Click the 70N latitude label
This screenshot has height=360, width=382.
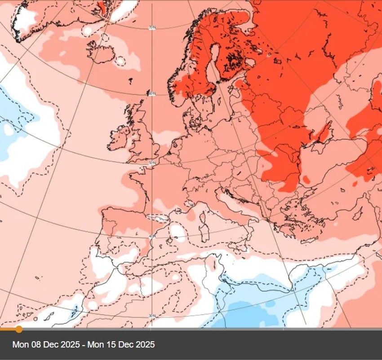(x=152, y=28)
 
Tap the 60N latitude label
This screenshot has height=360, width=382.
(x=152, y=94)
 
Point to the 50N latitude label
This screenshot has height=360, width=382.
(x=152, y=163)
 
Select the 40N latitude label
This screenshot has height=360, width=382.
(x=152, y=237)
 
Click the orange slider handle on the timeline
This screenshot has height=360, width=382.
(x=19, y=329)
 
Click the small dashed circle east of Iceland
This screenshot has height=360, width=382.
(x=120, y=60)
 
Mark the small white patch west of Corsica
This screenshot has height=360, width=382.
(x=178, y=233)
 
